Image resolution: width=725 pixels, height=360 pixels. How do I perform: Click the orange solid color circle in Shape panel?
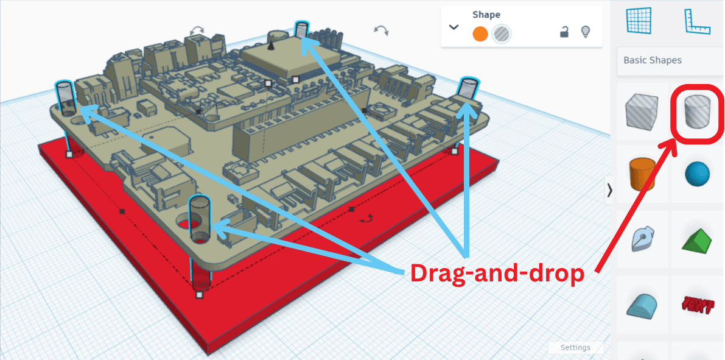click(x=480, y=34)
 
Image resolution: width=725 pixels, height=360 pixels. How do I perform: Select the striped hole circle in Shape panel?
click(x=501, y=34)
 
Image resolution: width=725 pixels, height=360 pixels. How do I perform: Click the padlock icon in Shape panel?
click(x=564, y=32)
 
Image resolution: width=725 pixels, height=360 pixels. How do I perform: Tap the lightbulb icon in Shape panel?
click(x=586, y=32)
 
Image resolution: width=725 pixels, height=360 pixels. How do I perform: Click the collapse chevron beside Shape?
click(x=454, y=27)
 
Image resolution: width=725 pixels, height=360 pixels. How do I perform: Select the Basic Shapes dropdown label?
click(x=653, y=60)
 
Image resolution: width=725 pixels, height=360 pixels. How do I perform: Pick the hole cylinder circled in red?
click(x=696, y=113)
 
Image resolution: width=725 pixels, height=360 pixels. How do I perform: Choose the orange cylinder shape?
click(x=642, y=173)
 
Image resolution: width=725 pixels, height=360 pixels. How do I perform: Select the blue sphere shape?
click(x=697, y=174)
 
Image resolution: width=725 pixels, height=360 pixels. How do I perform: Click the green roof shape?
click(x=697, y=238)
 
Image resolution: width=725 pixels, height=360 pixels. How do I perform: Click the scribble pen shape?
click(x=642, y=238)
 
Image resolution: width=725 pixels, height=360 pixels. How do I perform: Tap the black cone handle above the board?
click(x=271, y=45)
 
